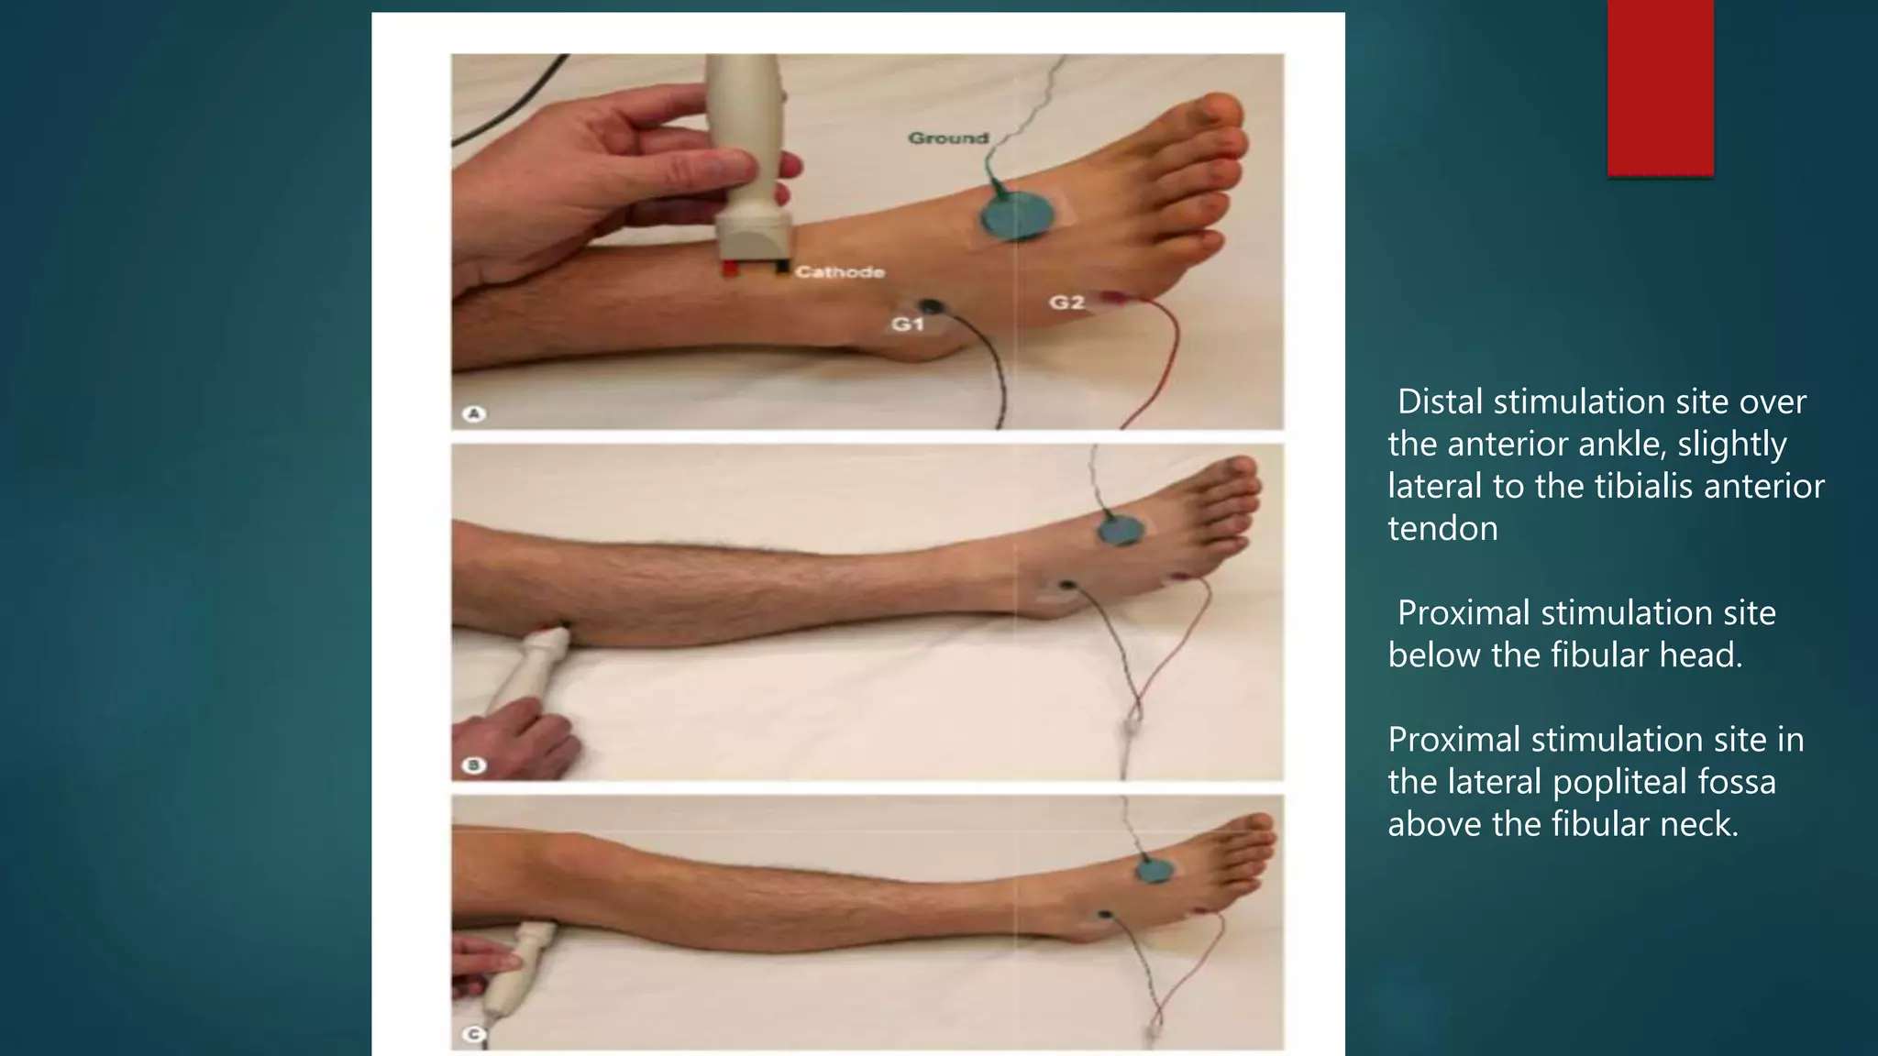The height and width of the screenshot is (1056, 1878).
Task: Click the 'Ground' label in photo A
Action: pyautogui.click(x=948, y=138)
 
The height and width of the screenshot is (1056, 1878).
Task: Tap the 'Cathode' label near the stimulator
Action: pyautogui.click(x=840, y=272)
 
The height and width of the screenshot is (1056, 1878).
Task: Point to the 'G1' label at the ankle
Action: pyautogui.click(x=908, y=324)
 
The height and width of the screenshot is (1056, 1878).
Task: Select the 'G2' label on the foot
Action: pyautogui.click(x=1066, y=302)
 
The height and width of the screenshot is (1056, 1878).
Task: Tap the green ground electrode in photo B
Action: pyautogui.click(x=1121, y=531)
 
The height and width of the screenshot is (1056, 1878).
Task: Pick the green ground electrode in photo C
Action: pyautogui.click(x=1155, y=867)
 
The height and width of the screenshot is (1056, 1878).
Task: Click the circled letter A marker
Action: pyautogui.click(x=474, y=413)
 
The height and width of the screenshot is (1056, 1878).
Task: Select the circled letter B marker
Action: pyautogui.click(x=474, y=764)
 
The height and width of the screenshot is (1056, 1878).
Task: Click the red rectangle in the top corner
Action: pyautogui.click(x=1661, y=88)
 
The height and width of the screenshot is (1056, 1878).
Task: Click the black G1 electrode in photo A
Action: pyautogui.click(x=931, y=307)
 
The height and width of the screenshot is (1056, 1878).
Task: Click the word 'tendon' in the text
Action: pyautogui.click(x=1442, y=529)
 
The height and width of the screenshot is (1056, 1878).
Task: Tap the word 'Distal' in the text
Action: pyautogui.click(x=1440, y=401)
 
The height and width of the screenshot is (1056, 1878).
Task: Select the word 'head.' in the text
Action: pyautogui.click(x=1700, y=655)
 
